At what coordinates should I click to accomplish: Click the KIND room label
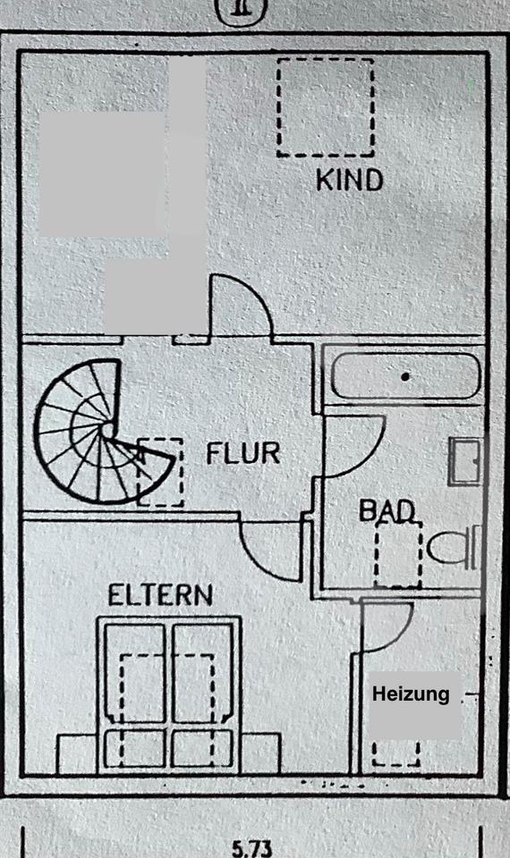(x=350, y=180)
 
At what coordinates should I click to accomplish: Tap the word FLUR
(x=242, y=453)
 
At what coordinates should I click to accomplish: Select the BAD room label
(x=387, y=510)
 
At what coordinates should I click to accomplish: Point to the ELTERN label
(x=160, y=595)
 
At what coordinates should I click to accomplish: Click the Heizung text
(x=411, y=694)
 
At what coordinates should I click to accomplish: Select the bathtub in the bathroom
(x=405, y=376)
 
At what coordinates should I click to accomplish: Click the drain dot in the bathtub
(x=405, y=376)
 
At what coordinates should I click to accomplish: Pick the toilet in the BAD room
(x=454, y=547)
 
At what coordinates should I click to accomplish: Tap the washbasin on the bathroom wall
(x=465, y=461)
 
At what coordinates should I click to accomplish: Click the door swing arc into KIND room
(x=252, y=293)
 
